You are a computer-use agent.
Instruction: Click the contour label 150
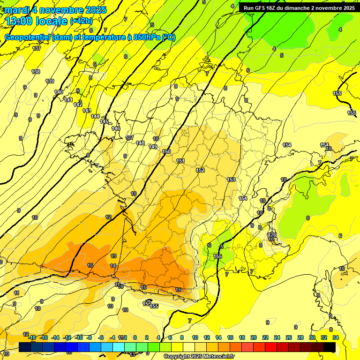pos(166,151)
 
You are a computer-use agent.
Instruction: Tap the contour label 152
pos(200,171)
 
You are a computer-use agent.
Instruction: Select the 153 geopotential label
pos(231,180)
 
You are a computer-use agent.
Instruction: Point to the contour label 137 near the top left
pos(37,48)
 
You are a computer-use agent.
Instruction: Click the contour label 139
pos(50,81)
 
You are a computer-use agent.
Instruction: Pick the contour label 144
pos(95,116)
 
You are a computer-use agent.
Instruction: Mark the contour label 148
pos(140,143)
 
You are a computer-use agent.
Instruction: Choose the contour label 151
pos(180,161)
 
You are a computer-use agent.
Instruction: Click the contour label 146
pos(116,128)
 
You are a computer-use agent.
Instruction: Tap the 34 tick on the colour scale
pos(336,337)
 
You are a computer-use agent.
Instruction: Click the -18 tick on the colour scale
pos(32,337)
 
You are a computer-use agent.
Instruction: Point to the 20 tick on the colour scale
pos(254,337)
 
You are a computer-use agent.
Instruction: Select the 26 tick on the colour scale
pos(288,337)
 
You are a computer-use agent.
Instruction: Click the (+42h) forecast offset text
pos(81,21)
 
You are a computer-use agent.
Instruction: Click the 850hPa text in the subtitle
pos(146,37)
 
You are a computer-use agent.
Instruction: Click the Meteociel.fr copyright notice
pos(199,357)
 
